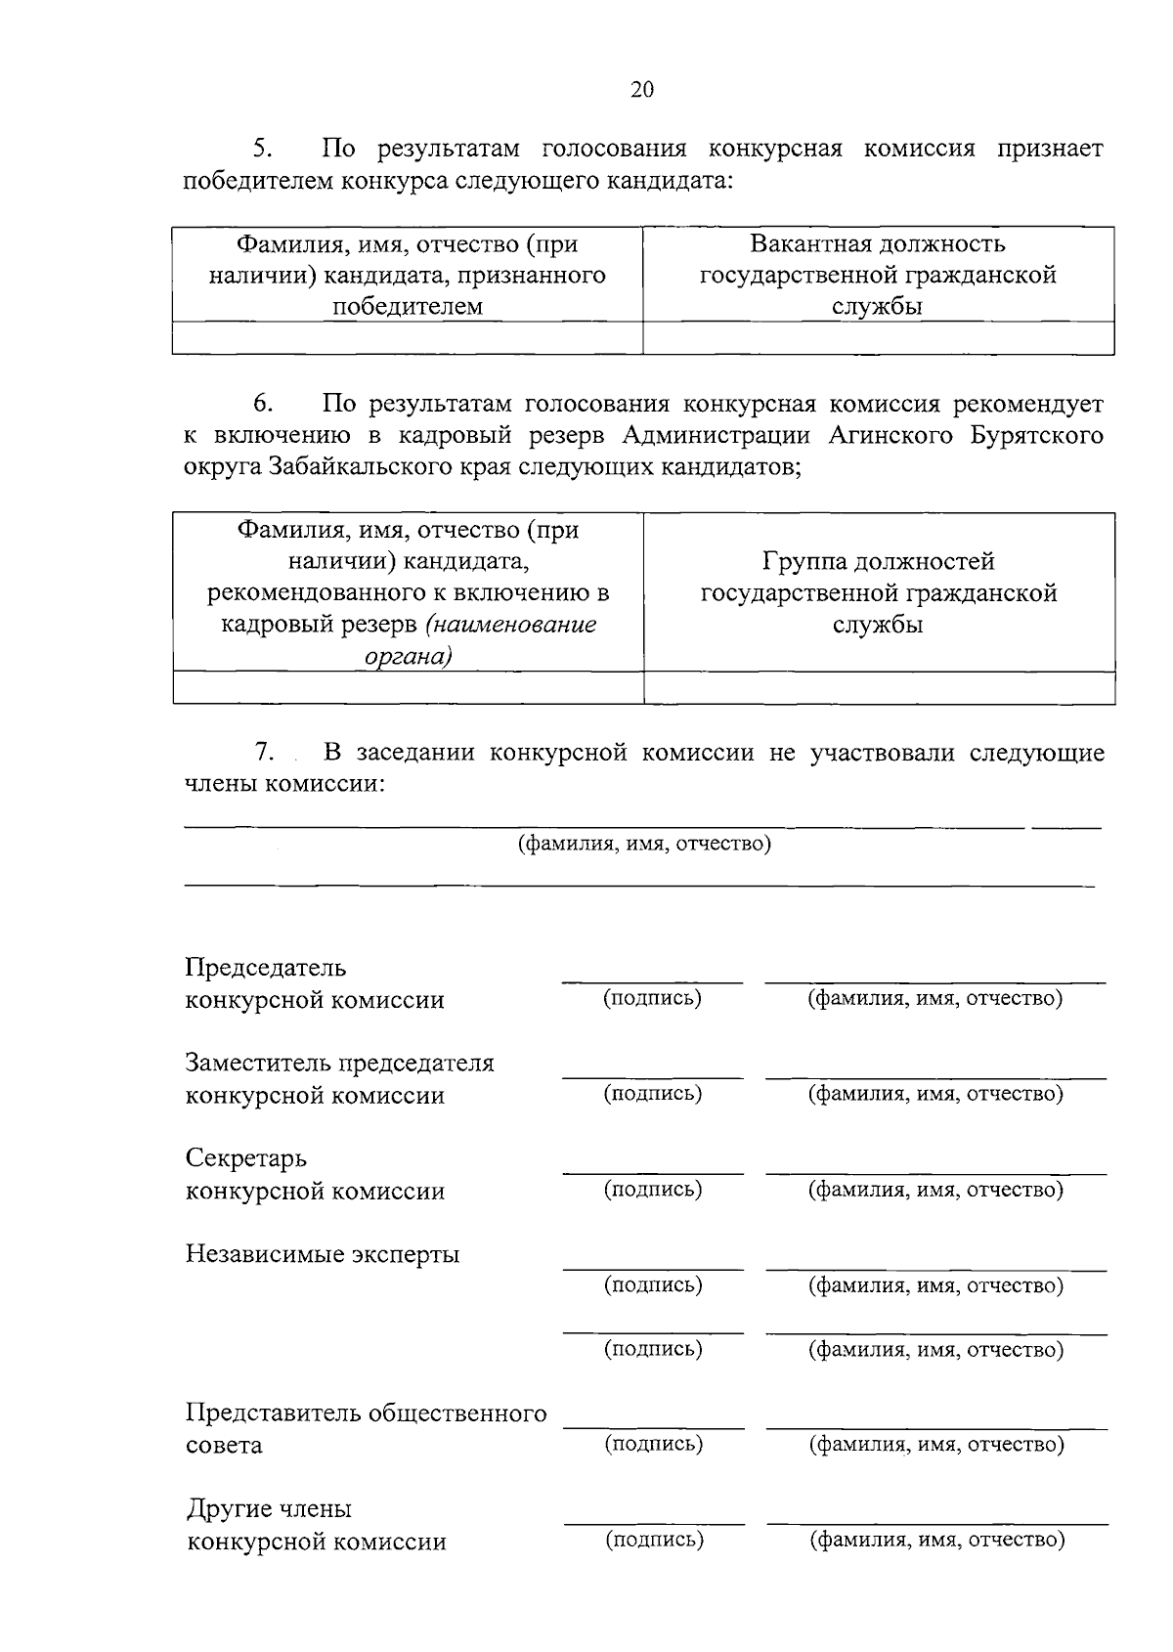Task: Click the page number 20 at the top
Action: [x=642, y=90]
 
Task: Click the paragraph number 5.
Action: [x=262, y=149]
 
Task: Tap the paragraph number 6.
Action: [x=263, y=404]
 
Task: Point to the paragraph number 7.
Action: [x=263, y=752]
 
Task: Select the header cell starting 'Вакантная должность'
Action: [x=878, y=275]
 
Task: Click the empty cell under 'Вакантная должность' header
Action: [x=878, y=338]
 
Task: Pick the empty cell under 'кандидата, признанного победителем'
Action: [x=408, y=338]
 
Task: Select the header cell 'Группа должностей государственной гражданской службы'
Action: [x=879, y=592]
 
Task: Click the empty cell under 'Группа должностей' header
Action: [x=879, y=688]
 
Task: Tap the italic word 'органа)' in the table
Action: [x=408, y=657]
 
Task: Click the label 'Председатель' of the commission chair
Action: [x=266, y=968]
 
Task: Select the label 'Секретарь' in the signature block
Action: [x=246, y=1158]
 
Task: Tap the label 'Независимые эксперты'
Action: [x=323, y=1253]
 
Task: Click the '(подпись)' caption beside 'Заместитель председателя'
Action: [x=653, y=1093]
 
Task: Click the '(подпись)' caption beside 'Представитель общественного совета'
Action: [x=654, y=1443]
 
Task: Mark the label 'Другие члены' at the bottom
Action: [x=269, y=1508]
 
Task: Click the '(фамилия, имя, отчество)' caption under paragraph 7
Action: [x=644, y=843]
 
